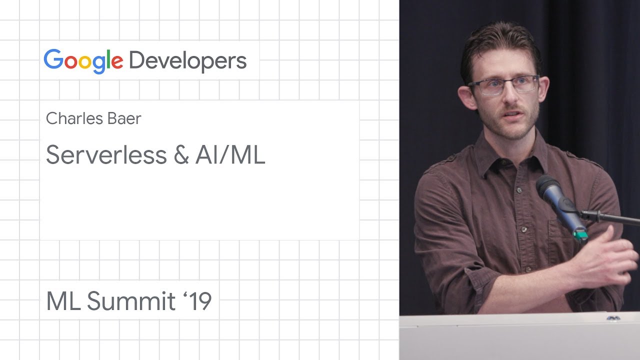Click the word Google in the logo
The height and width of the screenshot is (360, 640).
83,61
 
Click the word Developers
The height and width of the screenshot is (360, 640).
188,61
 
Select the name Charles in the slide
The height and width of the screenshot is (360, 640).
74,118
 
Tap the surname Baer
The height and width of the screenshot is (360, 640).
124,118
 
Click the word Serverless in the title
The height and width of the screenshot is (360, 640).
106,154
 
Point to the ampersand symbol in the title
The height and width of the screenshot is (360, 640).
181,154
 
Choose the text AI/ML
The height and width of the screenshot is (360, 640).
230,154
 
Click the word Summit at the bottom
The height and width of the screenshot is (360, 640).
131,300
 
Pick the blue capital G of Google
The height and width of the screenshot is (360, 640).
53,59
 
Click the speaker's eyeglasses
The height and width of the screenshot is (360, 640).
503,84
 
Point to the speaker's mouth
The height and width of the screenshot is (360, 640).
513,115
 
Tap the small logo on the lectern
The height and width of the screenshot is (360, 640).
613,318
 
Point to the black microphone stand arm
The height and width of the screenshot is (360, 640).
610,217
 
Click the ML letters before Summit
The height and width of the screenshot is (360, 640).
63,301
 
